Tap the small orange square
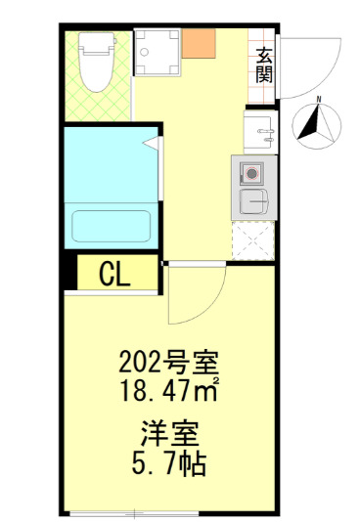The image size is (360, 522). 200,42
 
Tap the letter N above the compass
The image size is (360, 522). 320,100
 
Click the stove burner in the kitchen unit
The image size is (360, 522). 252,174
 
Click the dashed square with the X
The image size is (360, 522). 252,240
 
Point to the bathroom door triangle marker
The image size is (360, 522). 149,145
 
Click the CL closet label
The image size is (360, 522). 114,275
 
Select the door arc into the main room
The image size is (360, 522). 196,298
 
